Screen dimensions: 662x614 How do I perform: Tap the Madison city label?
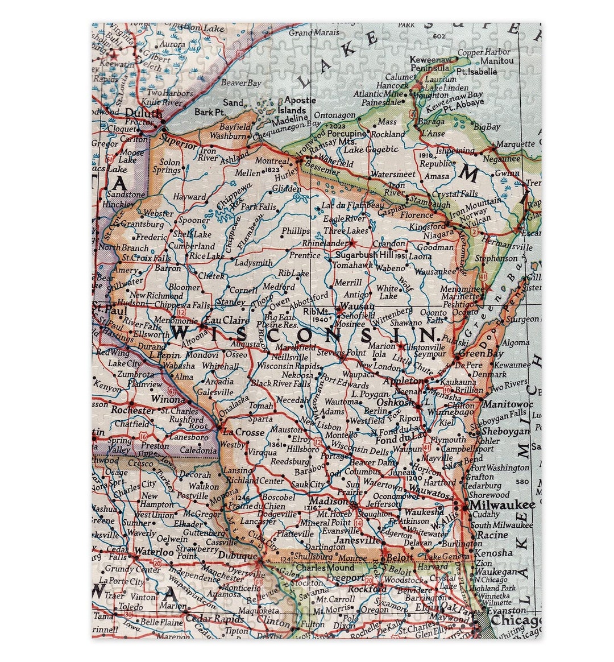tap(328, 502)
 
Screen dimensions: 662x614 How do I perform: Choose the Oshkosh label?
tap(396, 402)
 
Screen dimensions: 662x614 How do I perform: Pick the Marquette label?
tap(515, 144)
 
